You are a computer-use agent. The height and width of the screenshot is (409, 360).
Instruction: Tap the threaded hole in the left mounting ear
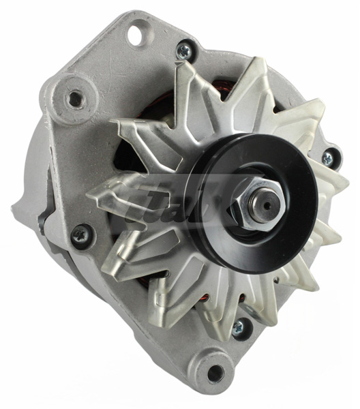coord(76,100)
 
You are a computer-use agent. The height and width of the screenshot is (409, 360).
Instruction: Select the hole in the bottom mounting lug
coord(215,372)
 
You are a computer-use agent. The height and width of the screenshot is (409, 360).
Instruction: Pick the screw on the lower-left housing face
coord(80,234)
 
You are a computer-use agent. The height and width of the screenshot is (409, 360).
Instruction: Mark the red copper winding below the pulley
coord(205,300)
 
